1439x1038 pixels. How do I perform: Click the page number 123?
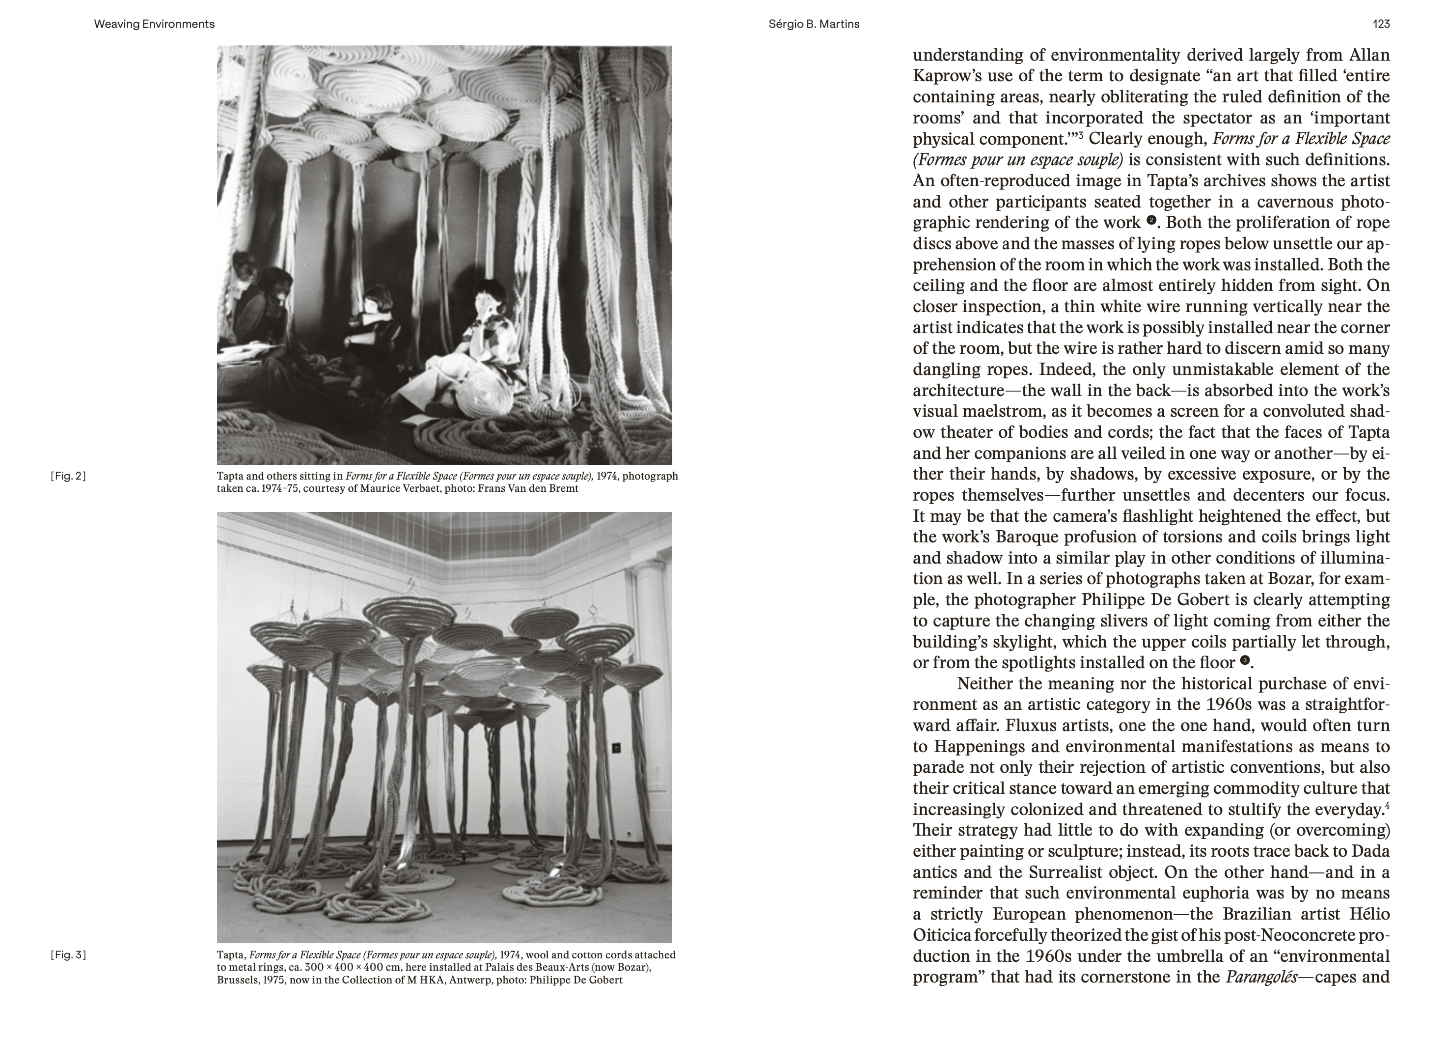pyautogui.click(x=1381, y=24)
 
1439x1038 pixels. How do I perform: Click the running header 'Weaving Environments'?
pyautogui.click(x=154, y=24)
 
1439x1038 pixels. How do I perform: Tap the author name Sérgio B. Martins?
pyautogui.click(x=813, y=24)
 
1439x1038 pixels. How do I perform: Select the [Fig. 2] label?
pyautogui.click(x=68, y=476)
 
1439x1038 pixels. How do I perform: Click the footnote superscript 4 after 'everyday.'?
pyautogui.click(x=1387, y=806)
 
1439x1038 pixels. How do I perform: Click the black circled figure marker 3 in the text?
pyautogui.click(x=1244, y=660)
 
